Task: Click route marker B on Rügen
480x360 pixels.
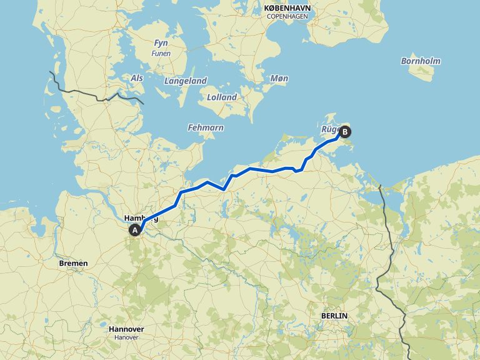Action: pyautogui.click(x=344, y=132)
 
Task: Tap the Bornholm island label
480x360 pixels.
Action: pyautogui.click(x=421, y=61)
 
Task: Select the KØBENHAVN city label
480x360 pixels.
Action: pyautogui.click(x=287, y=7)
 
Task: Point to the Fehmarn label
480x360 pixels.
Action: pyautogui.click(x=205, y=127)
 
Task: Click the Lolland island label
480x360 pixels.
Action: pyautogui.click(x=222, y=97)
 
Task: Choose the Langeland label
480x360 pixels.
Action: pyautogui.click(x=185, y=81)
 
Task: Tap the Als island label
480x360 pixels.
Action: pyautogui.click(x=136, y=77)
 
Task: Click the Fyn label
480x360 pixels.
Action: pyautogui.click(x=161, y=43)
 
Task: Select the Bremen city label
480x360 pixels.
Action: pyautogui.click(x=73, y=263)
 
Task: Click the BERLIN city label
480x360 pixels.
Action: pyautogui.click(x=334, y=316)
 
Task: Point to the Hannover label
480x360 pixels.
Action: pyautogui.click(x=126, y=329)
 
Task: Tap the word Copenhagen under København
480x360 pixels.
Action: pyautogui.click(x=287, y=16)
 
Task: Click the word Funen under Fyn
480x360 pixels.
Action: pyautogui.click(x=161, y=53)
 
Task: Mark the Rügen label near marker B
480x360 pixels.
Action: pyautogui.click(x=329, y=129)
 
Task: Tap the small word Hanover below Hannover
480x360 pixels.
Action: pyautogui.click(x=126, y=337)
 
